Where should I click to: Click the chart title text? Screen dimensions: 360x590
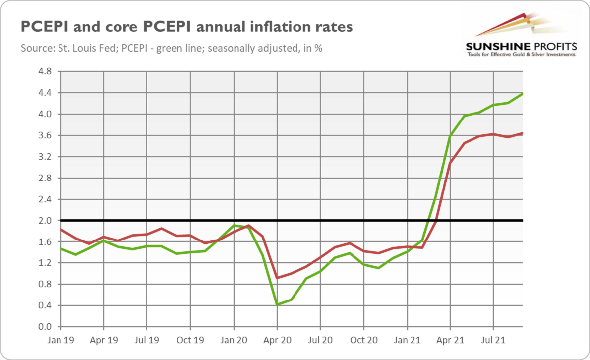186,27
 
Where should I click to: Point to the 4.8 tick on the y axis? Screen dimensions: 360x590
46,71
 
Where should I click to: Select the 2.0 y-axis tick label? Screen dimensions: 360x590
46,220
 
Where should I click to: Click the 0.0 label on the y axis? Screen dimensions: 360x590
46,327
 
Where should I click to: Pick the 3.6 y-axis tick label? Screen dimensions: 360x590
46,135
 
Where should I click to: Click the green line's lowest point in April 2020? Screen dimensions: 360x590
277,305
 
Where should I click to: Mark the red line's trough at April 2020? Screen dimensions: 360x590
277,278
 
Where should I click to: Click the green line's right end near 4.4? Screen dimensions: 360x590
522,94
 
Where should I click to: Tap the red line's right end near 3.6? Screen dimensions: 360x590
522,133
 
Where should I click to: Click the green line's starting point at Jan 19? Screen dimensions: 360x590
60,248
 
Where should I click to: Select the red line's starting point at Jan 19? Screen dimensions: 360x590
60,229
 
